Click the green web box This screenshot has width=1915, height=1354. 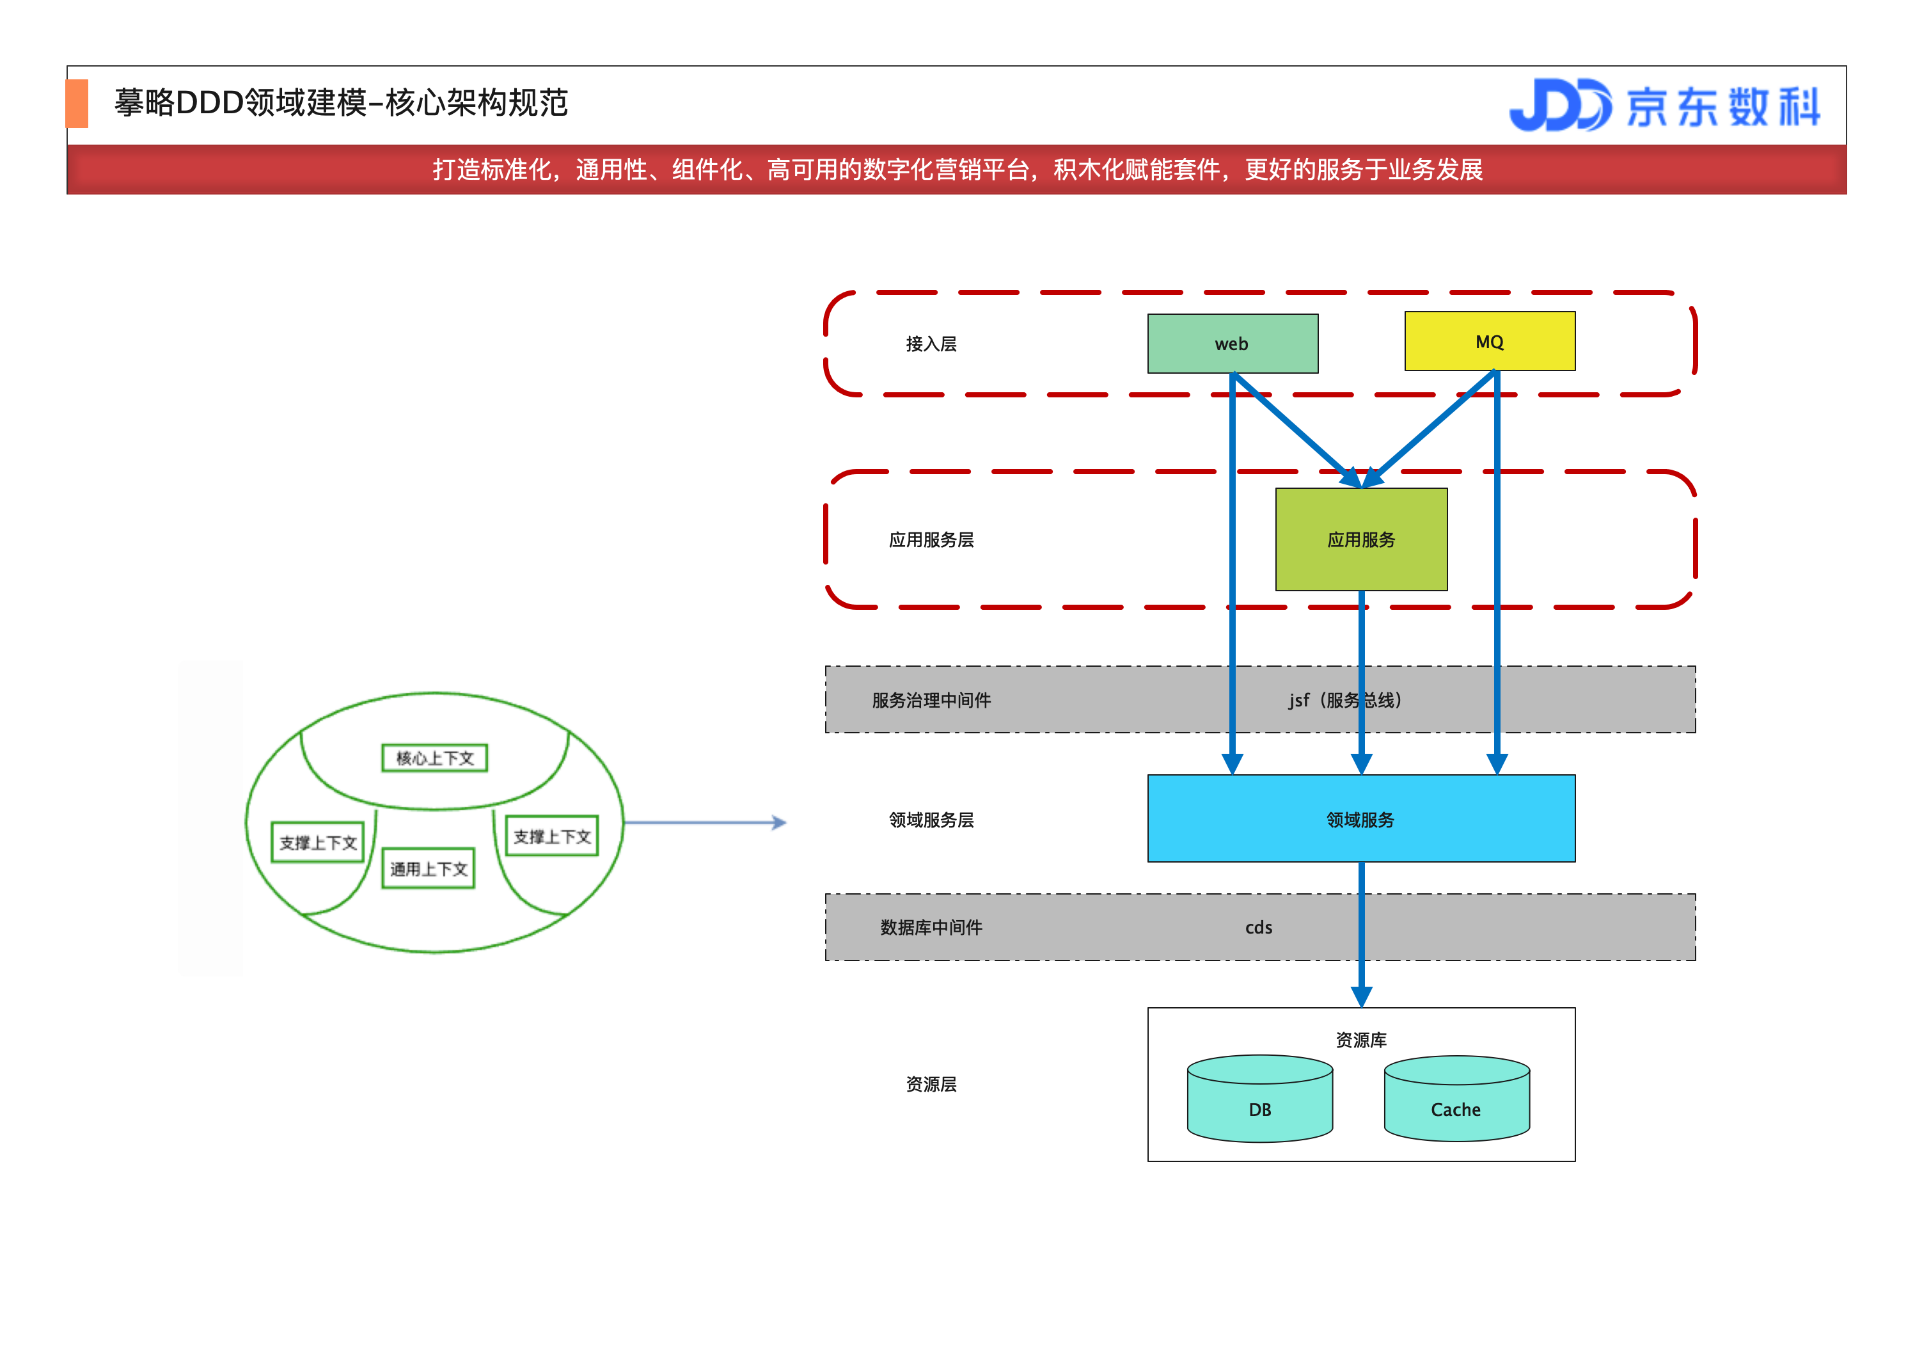pyautogui.click(x=1232, y=344)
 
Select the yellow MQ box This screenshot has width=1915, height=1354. pyautogui.click(x=1490, y=341)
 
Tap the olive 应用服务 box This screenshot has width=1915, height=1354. pyautogui.click(x=1361, y=540)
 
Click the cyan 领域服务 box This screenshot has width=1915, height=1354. pyautogui.click(x=1360, y=819)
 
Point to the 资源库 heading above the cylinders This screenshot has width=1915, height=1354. pyautogui.click(x=1361, y=1039)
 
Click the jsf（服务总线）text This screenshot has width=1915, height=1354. pyautogui.click(x=1344, y=700)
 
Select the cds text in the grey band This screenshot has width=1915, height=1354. pyautogui.click(x=1259, y=927)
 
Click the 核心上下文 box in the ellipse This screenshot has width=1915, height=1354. pyautogui.click(x=434, y=758)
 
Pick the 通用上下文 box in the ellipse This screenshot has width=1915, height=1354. pyautogui.click(x=429, y=868)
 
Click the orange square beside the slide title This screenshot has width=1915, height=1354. pyautogui.click(x=77, y=104)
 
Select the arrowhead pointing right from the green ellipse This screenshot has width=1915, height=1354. pyautogui.click(x=779, y=823)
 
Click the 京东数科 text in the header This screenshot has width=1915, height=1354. pyautogui.click(x=1723, y=107)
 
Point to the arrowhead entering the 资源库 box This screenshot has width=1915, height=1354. pyautogui.click(x=1361, y=998)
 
